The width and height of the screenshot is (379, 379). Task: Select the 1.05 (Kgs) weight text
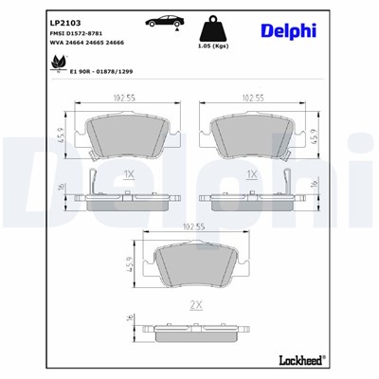tap(214, 45)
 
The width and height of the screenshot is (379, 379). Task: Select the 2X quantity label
tap(196, 305)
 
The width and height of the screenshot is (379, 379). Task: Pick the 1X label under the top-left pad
tap(130, 175)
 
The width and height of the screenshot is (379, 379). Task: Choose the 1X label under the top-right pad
tap(251, 175)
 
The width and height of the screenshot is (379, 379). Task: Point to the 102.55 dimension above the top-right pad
tap(252, 97)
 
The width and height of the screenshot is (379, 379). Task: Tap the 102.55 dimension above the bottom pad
tap(195, 226)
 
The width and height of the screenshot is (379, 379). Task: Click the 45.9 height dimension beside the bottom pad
tap(130, 265)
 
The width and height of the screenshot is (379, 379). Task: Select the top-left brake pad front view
tap(128, 136)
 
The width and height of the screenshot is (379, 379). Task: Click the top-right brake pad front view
tap(251, 136)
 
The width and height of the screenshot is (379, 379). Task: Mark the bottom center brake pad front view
tap(195, 266)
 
